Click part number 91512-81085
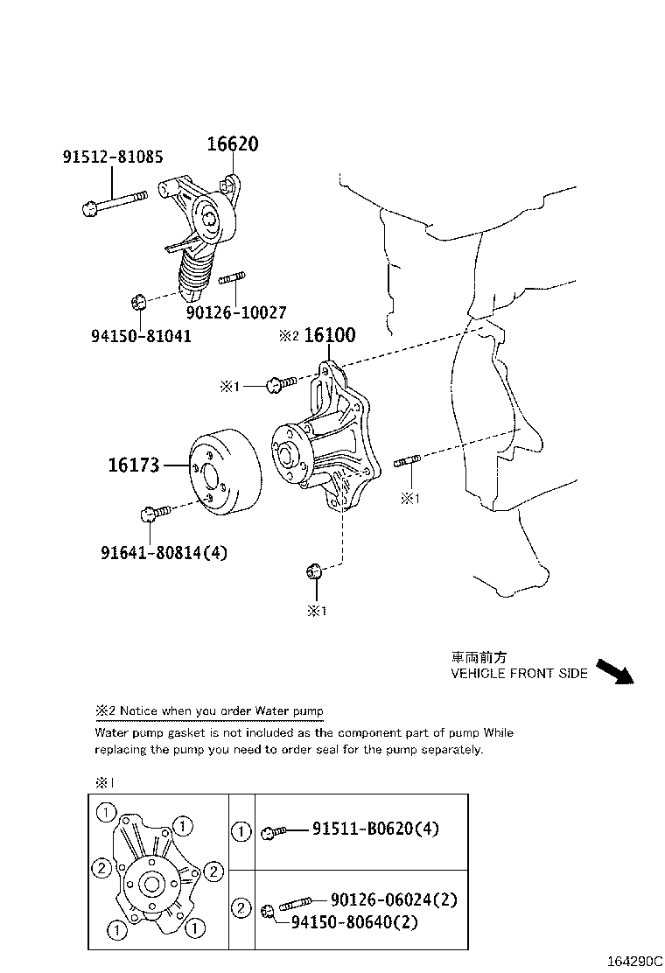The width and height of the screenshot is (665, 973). (x=112, y=157)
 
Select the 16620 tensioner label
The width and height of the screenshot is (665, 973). (x=233, y=144)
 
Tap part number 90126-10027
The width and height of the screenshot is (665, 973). (x=236, y=311)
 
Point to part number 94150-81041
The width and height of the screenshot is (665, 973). (x=141, y=335)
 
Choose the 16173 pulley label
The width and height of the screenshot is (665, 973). (x=134, y=465)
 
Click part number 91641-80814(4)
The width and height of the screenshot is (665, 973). (x=164, y=552)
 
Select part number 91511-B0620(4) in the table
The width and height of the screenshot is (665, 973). (x=375, y=829)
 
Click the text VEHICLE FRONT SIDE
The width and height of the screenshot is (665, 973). (x=519, y=674)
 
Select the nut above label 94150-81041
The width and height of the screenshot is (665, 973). (x=136, y=303)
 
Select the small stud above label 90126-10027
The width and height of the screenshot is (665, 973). (x=230, y=280)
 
